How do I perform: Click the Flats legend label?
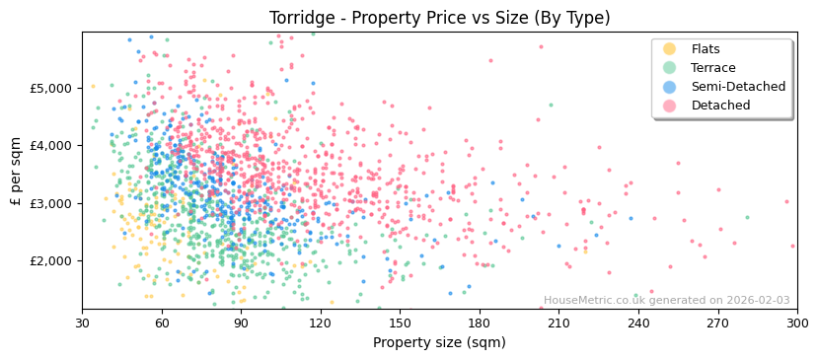click(706, 49)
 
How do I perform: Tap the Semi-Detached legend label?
click(738, 87)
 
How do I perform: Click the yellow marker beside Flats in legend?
click(670, 49)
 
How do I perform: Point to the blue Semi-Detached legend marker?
click(670, 87)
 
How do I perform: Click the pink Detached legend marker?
click(670, 106)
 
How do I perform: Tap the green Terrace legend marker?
click(670, 68)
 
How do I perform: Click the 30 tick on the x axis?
click(82, 323)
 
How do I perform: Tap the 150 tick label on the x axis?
click(400, 323)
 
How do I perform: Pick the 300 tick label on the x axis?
click(796, 323)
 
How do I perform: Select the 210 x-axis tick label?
click(558, 323)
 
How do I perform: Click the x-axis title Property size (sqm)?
click(439, 342)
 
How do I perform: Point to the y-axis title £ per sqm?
click(16, 171)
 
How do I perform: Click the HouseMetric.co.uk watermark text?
click(666, 301)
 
